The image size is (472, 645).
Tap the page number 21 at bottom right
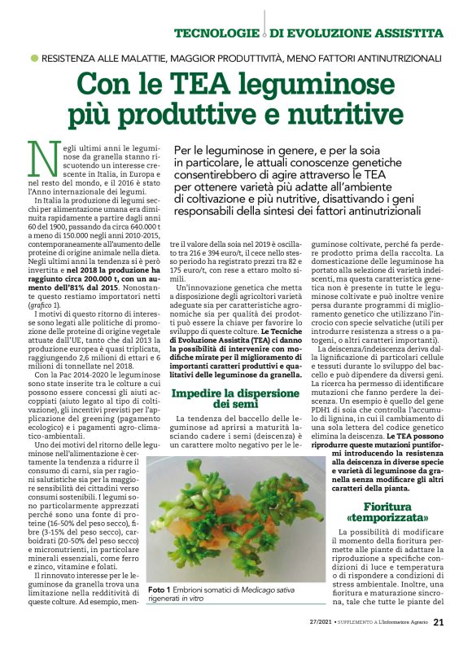[438, 623]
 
